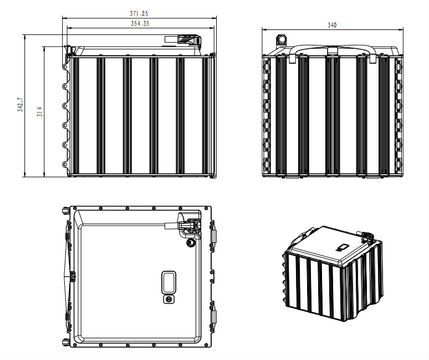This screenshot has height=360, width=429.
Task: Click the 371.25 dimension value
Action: pyautogui.click(x=139, y=13)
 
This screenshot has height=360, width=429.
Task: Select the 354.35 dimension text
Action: pyautogui.click(x=139, y=23)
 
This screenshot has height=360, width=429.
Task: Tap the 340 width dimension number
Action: pyautogui.click(x=332, y=25)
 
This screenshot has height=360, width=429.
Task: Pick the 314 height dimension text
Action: pyautogui.click(x=39, y=111)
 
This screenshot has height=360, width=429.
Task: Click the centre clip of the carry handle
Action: pyautogui.click(x=332, y=51)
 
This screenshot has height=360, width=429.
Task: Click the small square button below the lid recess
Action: pyautogui.click(x=168, y=299)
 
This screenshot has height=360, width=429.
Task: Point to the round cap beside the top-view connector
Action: pyautogui.click(x=191, y=242)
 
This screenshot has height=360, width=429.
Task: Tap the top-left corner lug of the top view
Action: pyautogui.click(x=66, y=211)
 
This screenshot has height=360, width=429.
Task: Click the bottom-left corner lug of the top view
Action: pyautogui.click(x=66, y=342)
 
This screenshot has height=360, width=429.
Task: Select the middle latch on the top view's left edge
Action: pyautogui.click(x=71, y=276)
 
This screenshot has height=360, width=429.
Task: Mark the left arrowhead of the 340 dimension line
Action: pyautogui.click(x=264, y=29)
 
